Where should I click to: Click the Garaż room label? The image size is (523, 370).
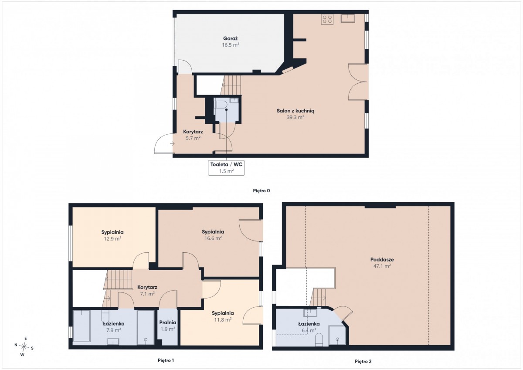pos(230,38)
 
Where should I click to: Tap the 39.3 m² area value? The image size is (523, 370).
pos(295,117)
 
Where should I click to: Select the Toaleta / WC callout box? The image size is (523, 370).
pos(226,168)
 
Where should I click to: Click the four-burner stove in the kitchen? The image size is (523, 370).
pos(327,19)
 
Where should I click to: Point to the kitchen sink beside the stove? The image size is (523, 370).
pos(348,18)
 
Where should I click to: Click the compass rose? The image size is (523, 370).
pos(24,346)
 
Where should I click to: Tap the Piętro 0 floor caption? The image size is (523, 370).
pos(261,191)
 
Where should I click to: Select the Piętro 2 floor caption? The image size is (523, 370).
pos(363,362)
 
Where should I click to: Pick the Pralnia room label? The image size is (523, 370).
pos(168,322)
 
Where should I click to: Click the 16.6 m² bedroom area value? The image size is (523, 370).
pos(213,238)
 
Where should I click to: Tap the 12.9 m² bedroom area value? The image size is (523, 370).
pos(112,238)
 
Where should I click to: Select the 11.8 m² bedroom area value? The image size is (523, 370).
pos(223,319)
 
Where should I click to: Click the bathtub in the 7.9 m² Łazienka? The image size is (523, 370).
pos(82,326)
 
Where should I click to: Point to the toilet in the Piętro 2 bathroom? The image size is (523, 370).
pos(319,340)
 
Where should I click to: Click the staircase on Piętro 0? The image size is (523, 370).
pos(231,85)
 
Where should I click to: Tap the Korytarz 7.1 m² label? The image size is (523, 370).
pos(147,290)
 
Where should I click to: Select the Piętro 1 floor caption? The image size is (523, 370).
pos(166,360)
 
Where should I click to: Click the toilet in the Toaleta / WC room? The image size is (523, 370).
pos(219,104)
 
